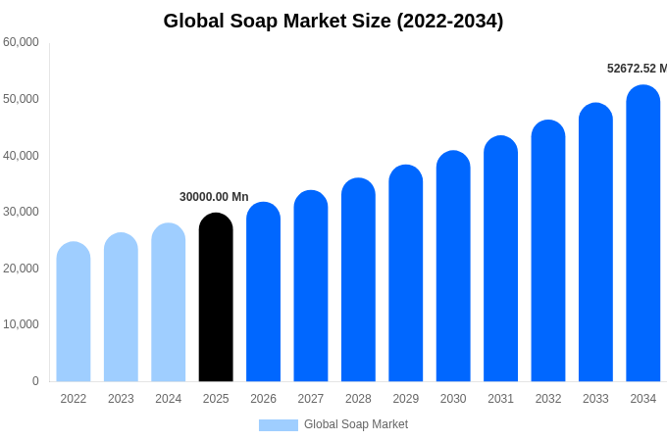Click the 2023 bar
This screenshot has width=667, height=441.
pos(121,308)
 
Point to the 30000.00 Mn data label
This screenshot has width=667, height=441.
pos(214,197)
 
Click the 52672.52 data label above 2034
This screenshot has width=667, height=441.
pos(636,69)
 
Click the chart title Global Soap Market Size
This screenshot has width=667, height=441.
pos(333,21)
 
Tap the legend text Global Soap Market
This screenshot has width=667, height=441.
pos(355,424)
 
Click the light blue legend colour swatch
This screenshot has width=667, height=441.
pos(278,424)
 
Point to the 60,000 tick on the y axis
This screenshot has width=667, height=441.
pos(21,42)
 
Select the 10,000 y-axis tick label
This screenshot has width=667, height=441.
pos(21,324)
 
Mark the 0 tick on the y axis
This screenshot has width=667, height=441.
pos(35,381)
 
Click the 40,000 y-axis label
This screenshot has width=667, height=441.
pos(21,155)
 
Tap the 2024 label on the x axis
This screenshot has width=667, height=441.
pos(168,399)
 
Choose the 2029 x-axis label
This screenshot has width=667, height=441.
pos(405,399)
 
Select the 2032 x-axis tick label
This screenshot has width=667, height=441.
pos(548,399)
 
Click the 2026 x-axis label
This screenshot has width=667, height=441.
pos(263,399)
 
